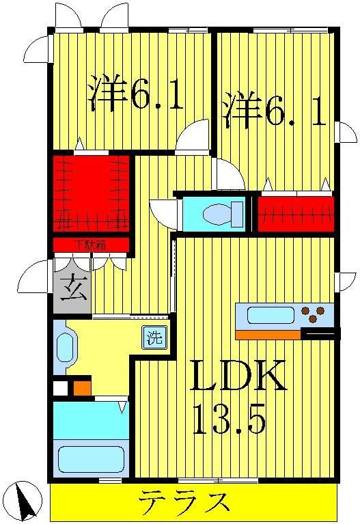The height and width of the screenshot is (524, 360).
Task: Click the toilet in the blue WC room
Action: pos(224,214)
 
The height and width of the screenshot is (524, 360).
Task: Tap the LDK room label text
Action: pos(237,376)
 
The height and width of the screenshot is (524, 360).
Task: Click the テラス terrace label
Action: pos(184,504)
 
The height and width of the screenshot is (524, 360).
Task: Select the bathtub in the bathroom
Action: pos(91,458)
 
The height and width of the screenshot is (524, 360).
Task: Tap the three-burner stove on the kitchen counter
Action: pos(314,315)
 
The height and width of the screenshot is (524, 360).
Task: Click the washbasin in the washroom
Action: pos(65,347)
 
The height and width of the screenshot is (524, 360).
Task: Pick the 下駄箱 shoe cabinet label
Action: pos(91,244)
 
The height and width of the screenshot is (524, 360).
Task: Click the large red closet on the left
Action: pos(91,193)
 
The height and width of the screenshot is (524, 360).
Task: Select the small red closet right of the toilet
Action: pos(296,213)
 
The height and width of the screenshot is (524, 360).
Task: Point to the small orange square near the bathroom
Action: pos(82,388)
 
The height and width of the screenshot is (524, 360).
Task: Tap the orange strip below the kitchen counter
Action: pos(268,334)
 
